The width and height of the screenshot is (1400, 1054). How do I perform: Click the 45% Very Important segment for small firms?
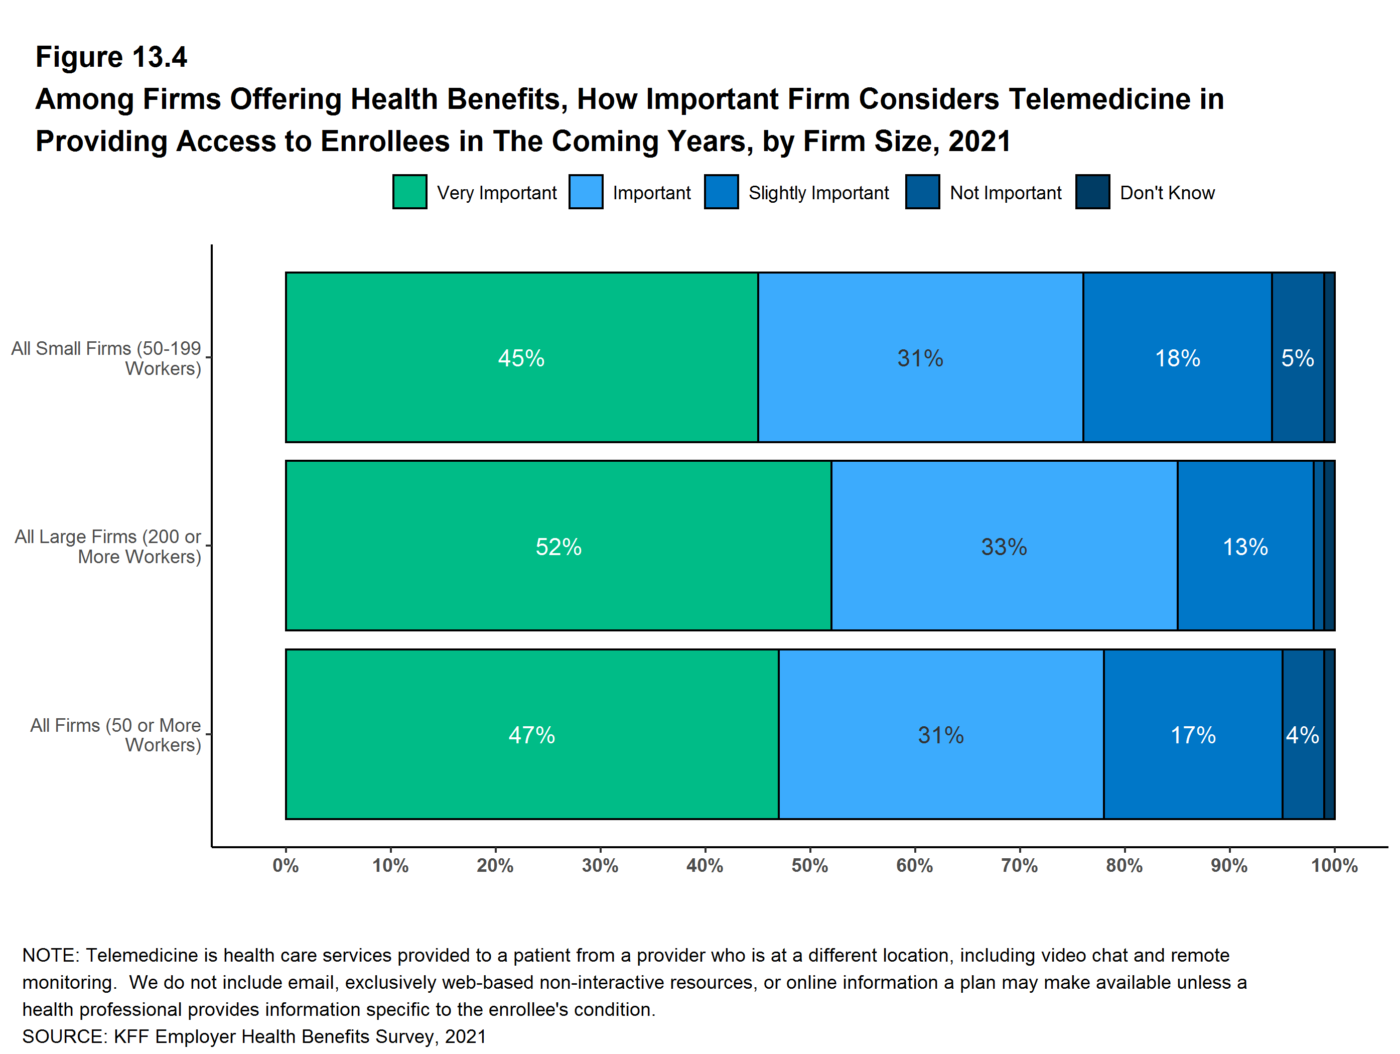click(521, 358)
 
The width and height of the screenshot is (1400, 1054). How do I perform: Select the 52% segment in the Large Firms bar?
click(558, 546)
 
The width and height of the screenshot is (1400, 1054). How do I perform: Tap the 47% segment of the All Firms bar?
click(531, 734)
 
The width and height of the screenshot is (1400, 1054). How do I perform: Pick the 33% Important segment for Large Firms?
click(1004, 546)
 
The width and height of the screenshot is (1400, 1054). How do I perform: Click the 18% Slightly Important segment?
click(1177, 358)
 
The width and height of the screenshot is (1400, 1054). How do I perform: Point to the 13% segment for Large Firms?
click(1245, 546)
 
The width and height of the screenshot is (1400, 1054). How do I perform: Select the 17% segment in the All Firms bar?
click(1193, 734)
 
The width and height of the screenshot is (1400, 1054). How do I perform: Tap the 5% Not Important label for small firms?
click(1298, 358)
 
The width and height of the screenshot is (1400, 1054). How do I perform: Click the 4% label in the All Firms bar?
click(1303, 735)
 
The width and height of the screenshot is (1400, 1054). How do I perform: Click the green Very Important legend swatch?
click(409, 192)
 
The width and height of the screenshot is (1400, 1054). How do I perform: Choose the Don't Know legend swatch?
click(1092, 192)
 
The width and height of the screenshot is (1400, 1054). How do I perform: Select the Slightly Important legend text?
click(818, 192)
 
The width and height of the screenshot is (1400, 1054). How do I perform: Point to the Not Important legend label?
click(1005, 192)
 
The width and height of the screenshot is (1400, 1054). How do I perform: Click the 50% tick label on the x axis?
click(809, 865)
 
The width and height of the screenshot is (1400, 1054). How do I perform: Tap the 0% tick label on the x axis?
click(286, 865)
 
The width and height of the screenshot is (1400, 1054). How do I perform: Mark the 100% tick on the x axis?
click(1334, 865)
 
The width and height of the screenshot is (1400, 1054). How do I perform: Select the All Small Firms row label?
click(106, 358)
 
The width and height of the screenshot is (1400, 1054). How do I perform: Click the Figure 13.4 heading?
click(111, 57)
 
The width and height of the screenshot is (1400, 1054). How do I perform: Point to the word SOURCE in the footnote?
click(63, 1036)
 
